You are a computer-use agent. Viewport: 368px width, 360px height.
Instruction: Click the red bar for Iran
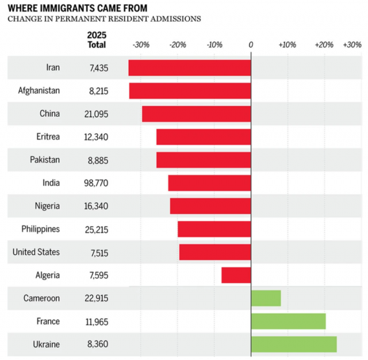190,68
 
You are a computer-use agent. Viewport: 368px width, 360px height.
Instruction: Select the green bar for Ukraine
294,344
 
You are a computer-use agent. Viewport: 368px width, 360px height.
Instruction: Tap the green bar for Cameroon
266,298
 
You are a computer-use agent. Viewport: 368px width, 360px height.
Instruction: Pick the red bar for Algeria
236,275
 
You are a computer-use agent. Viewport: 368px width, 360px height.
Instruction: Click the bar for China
197,114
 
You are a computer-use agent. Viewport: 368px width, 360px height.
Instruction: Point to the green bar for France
289,321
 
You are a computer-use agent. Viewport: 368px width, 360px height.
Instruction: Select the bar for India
210,183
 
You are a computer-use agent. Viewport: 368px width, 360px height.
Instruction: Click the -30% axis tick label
140,45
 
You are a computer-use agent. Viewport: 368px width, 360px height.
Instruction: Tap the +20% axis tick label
324,45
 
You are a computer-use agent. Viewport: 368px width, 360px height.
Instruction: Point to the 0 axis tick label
251,45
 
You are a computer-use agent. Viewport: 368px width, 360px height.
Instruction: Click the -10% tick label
214,45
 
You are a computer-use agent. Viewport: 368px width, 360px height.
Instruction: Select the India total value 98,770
95,183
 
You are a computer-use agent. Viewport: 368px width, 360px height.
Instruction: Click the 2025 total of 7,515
98,252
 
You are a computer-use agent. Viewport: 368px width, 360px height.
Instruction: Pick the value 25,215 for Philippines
95,229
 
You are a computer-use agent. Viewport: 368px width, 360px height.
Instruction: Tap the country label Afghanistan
39,91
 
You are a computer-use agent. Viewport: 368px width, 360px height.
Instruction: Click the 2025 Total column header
97,40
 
